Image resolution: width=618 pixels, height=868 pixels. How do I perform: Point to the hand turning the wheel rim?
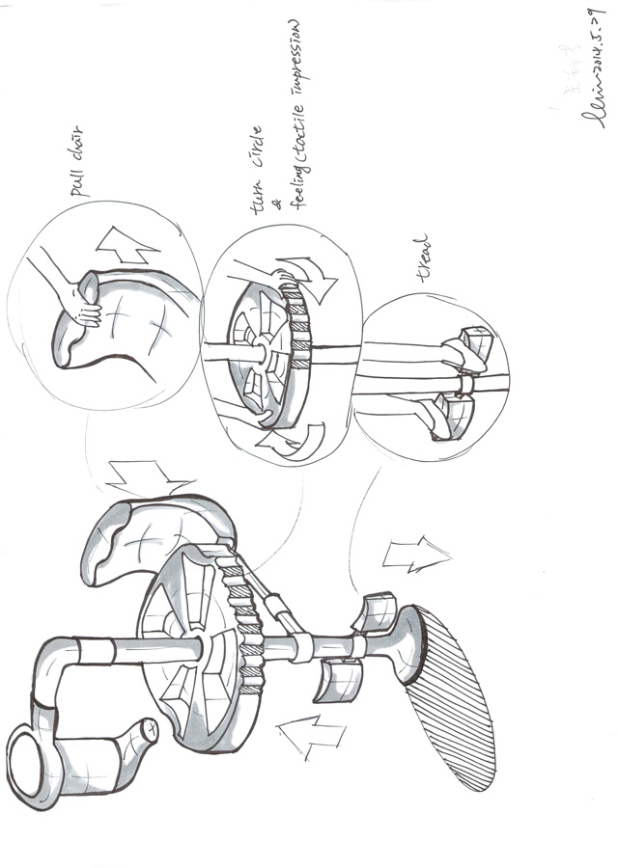279,279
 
